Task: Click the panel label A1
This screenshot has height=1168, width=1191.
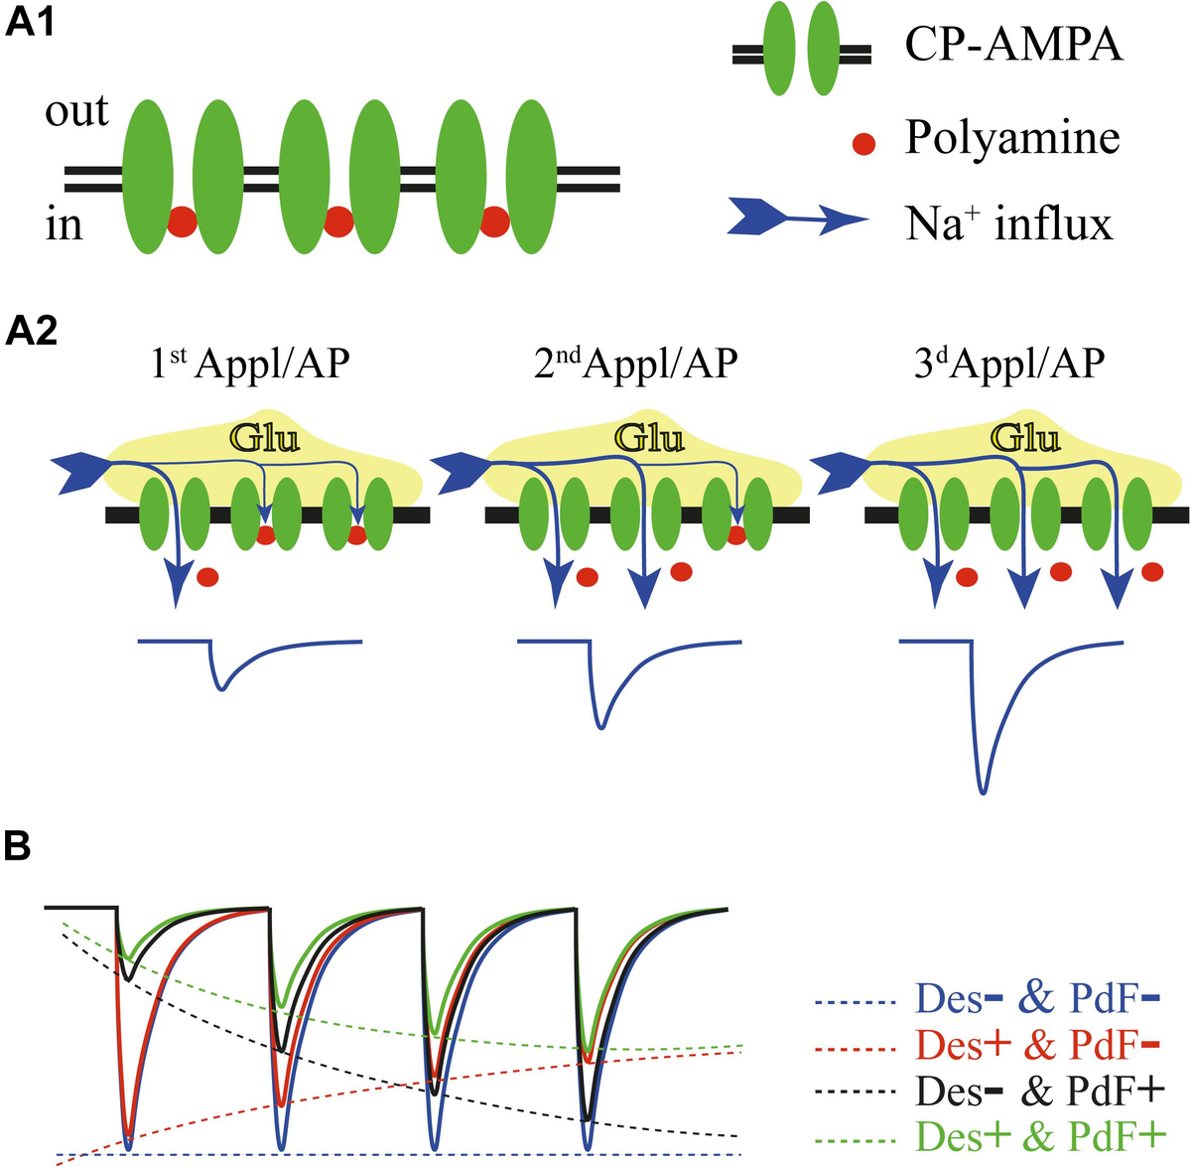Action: point(31,23)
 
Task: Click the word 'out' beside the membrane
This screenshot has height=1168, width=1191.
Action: point(76,111)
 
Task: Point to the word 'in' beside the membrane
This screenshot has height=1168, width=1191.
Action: point(64,225)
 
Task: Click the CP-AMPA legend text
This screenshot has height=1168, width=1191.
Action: point(1013,46)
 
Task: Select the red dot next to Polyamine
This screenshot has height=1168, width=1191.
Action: point(864,145)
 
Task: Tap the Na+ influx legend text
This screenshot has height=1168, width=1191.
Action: point(1008,224)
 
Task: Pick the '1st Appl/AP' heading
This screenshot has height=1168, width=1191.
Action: point(250,365)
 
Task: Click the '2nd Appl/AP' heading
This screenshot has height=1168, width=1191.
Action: point(635,365)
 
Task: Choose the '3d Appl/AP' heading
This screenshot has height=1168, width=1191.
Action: point(1008,365)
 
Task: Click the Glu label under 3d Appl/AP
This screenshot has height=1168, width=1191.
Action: point(1026,437)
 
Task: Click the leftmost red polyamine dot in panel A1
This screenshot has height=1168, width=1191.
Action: point(182,222)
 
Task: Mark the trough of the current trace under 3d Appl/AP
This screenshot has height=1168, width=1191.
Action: point(983,792)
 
